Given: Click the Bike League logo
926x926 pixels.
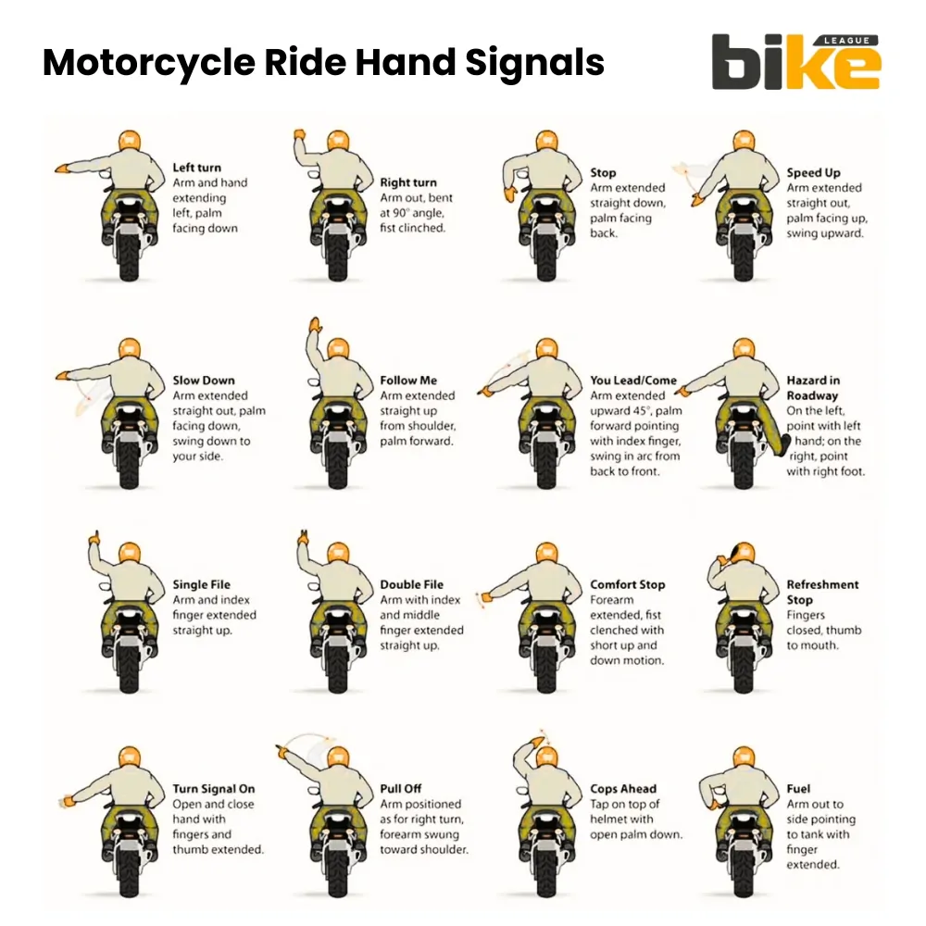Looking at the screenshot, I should [795, 62].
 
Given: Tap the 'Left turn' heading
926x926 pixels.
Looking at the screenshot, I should [196, 168].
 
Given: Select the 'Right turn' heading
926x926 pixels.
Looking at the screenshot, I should [407, 182].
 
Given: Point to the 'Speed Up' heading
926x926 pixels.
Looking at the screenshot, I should [813, 172].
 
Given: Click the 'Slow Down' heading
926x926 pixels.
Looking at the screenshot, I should [204, 380].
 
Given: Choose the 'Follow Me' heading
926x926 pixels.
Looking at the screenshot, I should [407, 380].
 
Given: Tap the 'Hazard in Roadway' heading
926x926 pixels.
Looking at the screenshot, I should [812, 387].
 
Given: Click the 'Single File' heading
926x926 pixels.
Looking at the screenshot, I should [203, 584].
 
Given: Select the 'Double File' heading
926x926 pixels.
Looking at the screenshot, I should [411, 584].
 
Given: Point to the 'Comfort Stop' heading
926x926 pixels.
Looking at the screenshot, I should [627, 584].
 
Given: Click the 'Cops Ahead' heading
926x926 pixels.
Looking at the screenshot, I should [622, 789].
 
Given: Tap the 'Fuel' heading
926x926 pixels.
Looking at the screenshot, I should [798, 789].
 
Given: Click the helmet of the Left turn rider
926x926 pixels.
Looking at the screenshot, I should [129, 141].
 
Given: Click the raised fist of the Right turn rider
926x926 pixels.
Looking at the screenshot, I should [300, 137].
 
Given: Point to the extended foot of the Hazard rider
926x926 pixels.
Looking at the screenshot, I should [786, 445].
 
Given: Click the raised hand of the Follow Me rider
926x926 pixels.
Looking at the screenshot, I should [314, 325].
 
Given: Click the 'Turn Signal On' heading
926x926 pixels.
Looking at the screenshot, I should [213, 789].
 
